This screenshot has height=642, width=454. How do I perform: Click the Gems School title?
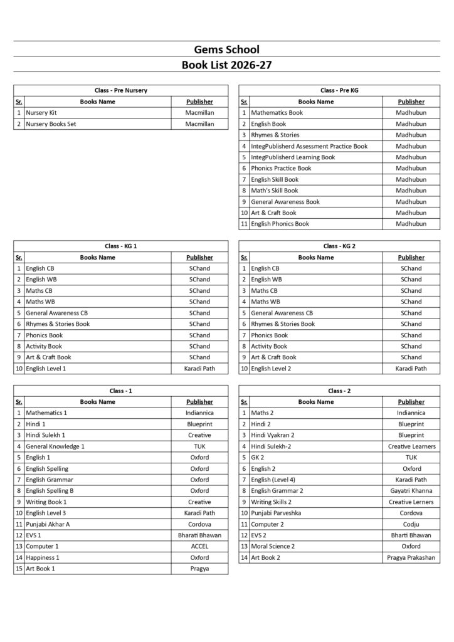226,50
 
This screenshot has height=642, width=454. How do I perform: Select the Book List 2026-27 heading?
226,65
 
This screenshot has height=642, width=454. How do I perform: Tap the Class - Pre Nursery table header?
120,90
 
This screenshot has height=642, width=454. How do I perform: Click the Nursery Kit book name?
41,113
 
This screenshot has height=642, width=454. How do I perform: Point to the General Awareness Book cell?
285,202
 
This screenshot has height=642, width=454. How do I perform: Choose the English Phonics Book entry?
280,224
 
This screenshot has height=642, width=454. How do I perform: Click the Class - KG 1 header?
120,246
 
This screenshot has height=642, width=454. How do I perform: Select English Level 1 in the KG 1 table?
46,369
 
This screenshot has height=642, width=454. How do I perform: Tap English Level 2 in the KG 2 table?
271,369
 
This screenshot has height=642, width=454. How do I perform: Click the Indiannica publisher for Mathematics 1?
199,413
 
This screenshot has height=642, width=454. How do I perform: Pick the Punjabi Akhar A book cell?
48,524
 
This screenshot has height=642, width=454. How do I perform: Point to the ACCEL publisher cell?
199,546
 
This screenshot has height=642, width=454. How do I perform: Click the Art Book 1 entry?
41,569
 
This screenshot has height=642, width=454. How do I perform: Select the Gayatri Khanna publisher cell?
411,491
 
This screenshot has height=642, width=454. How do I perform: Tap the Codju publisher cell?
411,524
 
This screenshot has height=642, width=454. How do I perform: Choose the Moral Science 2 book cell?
273,546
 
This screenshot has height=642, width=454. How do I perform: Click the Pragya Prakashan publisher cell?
411,557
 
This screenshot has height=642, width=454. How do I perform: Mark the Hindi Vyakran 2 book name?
273,435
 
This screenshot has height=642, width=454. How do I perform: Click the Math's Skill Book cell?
275,191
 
